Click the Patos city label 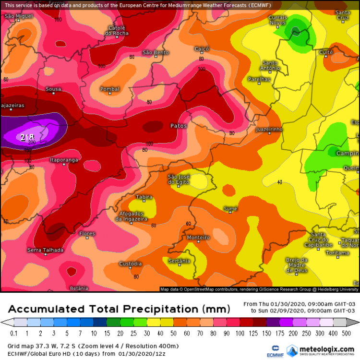pyautogui.click(x=178, y=126)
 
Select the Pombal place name pyautogui.click(x=109, y=89)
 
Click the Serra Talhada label pyautogui.click(x=45, y=250)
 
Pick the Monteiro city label pyautogui.click(x=199, y=238)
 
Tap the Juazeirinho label pyautogui.click(x=269, y=130)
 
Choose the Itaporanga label pyautogui.click(x=64, y=160)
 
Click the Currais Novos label pyautogui.click(x=278, y=20)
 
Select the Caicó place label pyautogui.click(x=202, y=49)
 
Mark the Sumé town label pyautogui.click(x=230, y=209)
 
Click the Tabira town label pyautogui.click(x=144, y=197)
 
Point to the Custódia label pyautogui.click(x=130, y=264)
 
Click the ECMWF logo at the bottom pyautogui.click(x=275, y=350)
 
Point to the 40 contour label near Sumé pyautogui.click(x=279, y=182)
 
